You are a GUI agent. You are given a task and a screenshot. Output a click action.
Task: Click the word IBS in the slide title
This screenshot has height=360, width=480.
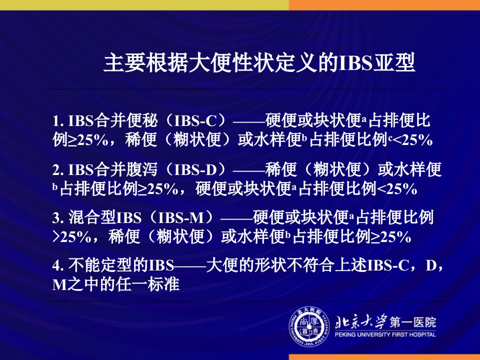355,63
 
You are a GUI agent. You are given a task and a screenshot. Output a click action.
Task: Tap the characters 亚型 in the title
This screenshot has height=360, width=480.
394,62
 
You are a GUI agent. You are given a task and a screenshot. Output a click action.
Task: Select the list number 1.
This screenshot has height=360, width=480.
58,121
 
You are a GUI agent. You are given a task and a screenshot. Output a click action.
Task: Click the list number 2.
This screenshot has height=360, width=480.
58,169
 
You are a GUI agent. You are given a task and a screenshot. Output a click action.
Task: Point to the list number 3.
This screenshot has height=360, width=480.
58,218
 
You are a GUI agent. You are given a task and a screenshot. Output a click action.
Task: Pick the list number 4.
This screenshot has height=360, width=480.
58,265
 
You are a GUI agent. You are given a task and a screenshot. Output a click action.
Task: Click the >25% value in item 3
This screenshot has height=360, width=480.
71,237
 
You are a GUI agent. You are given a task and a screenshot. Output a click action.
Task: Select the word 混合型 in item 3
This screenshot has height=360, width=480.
92,217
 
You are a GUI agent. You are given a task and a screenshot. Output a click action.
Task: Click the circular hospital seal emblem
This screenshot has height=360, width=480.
309,327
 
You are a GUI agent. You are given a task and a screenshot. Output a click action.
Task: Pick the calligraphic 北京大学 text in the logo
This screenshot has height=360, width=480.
361,322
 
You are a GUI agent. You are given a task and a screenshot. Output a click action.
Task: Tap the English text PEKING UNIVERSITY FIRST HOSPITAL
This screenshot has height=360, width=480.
385,334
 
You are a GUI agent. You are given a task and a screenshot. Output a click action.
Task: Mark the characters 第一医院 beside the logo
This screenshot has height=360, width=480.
412,322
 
